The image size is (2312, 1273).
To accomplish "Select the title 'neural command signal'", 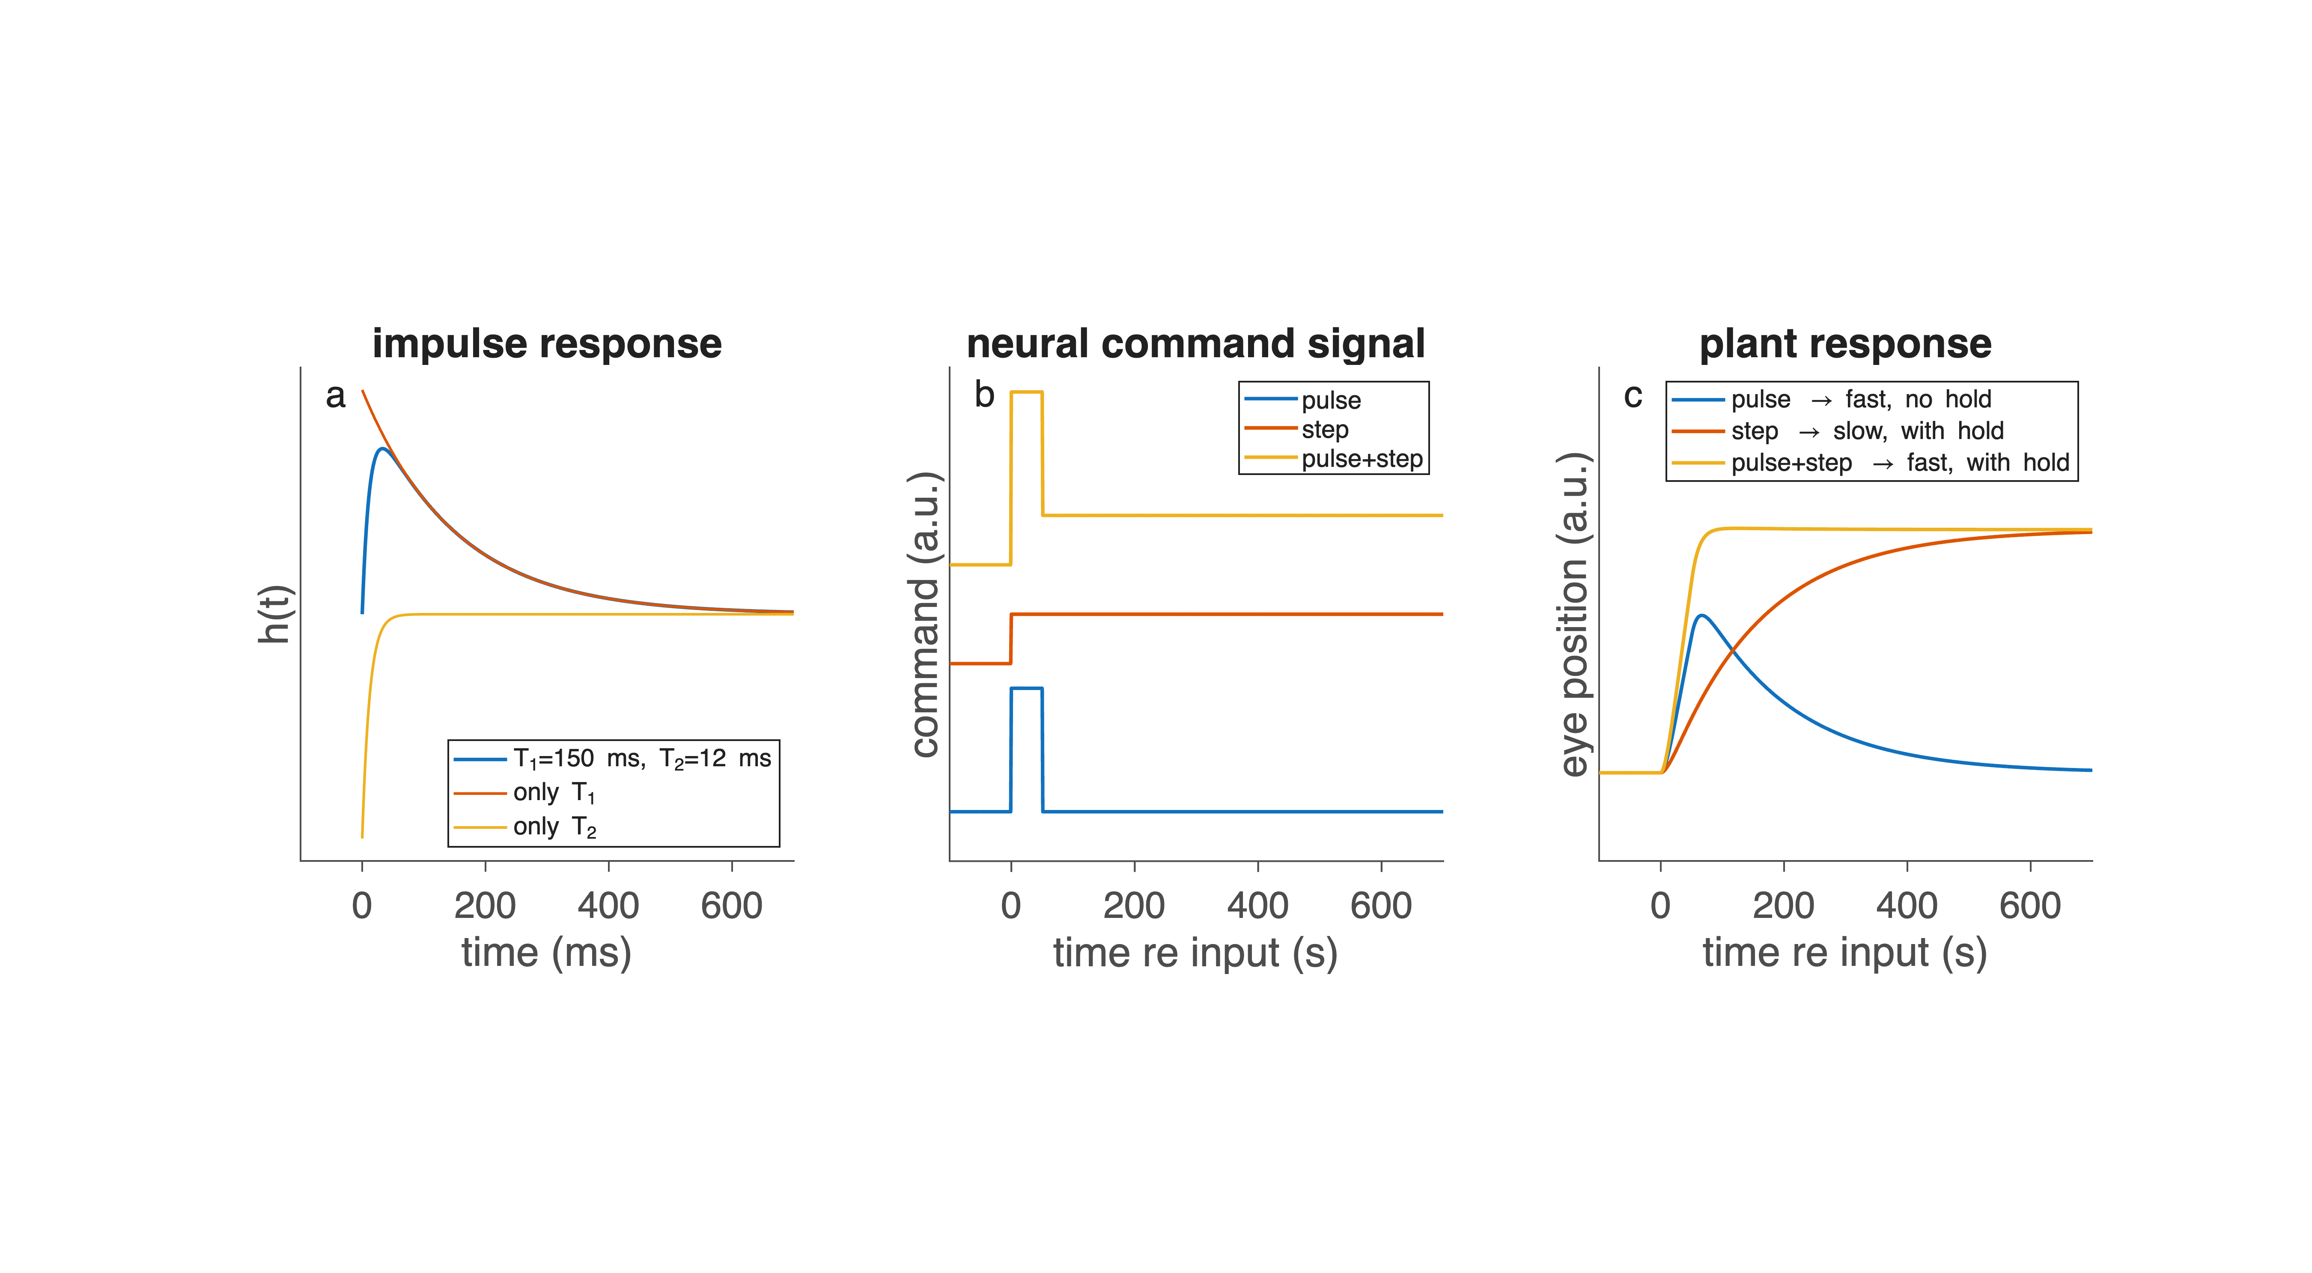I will pos(1195,344).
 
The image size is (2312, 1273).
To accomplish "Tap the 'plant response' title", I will pos(1845,344).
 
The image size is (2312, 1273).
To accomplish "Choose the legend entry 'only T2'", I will pos(554,827).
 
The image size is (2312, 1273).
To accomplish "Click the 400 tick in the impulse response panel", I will pos(608,905).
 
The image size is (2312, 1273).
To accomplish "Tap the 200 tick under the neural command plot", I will pos(1135,905).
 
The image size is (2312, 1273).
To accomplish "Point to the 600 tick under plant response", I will pos(2030,905).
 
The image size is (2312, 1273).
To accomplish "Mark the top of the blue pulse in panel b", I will pos(1027,689).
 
